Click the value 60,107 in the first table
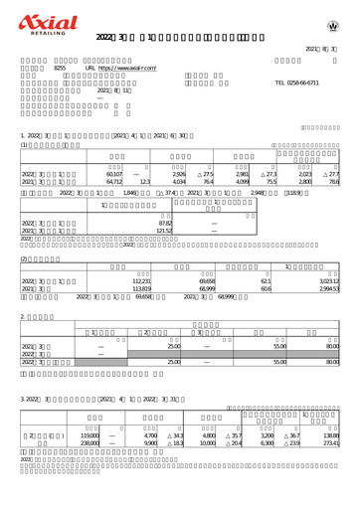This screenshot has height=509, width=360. [x=114, y=174]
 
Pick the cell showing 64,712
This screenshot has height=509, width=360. [x=114, y=182]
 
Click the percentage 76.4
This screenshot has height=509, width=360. [x=208, y=182]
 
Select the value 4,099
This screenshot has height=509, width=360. [x=240, y=182]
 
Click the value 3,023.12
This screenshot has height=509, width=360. [x=328, y=282]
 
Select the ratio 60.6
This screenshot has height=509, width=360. [x=266, y=290]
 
